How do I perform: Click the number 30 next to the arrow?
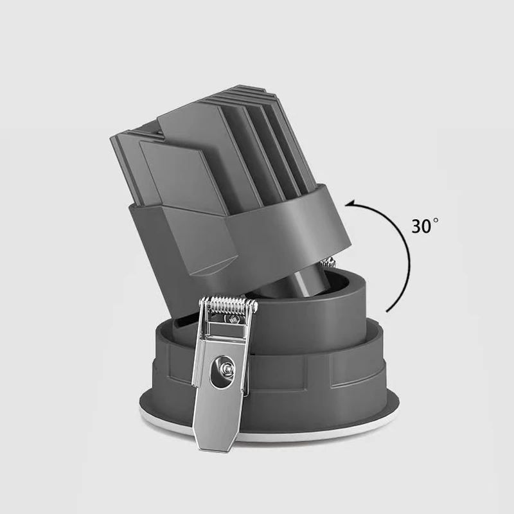[x=421, y=226]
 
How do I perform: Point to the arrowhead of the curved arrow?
[x=351, y=204]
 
